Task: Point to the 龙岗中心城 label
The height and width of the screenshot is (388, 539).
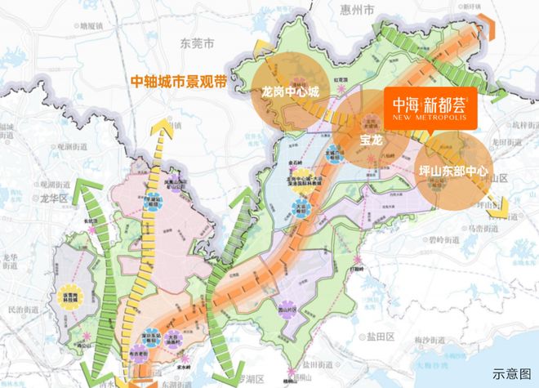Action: click(x=289, y=93)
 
